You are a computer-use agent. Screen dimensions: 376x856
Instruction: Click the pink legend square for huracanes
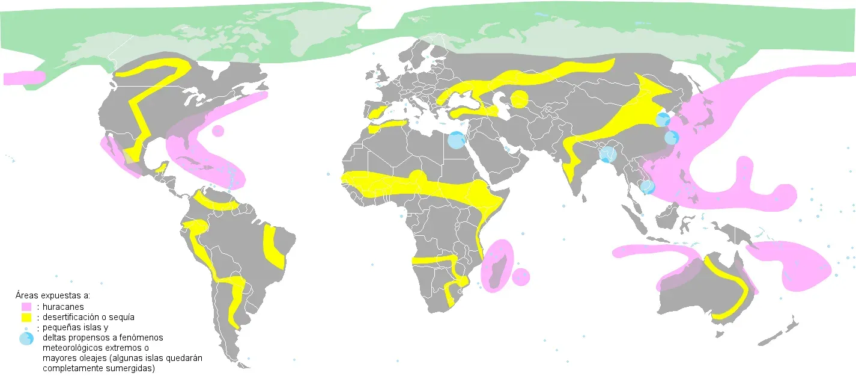click(x=26, y=306)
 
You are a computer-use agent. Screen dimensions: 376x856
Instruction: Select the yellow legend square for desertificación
click(x=26, y=317)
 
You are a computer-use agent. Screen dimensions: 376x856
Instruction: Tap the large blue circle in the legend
click(x=26, y=339)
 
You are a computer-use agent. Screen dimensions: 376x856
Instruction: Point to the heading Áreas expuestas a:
click(x=53, y=295)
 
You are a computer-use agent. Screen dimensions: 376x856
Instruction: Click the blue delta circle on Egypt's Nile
click(x=457, y=141)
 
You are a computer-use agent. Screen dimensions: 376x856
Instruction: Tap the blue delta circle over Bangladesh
click(x=608, y=155)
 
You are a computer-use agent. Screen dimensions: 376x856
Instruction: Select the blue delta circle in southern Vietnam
click(x=647, y=187)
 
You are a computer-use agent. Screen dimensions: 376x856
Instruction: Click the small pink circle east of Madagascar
click(x=521, y=277)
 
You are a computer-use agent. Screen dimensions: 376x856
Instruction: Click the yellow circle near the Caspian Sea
click(x=520, y=98)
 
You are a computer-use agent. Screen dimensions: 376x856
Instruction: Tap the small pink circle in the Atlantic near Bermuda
click(x=218, y=131)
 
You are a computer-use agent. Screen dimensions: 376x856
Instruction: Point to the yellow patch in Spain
click(x=377, y=112)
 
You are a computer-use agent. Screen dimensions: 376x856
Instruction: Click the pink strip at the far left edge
click(x=23, y=78)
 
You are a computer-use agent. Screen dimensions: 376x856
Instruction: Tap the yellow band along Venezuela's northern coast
click(x=217, y=203)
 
